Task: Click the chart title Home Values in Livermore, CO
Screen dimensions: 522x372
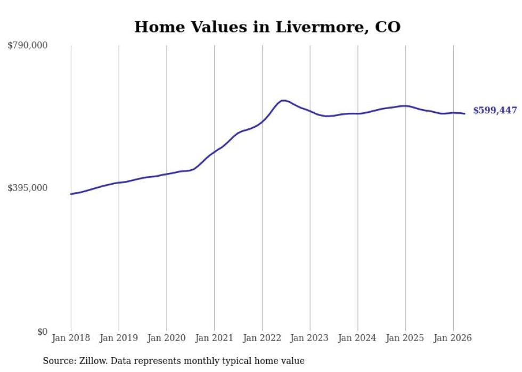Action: pos(267,27)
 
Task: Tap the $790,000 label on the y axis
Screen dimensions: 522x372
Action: pos(28,45)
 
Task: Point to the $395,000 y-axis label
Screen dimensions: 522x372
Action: pos(28,188)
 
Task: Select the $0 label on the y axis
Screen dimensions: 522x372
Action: pos(42,332)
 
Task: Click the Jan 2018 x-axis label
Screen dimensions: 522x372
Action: pos(71,338)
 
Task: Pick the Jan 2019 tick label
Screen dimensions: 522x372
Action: pos(119,338)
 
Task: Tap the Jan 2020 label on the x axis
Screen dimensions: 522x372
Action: pos(166,338)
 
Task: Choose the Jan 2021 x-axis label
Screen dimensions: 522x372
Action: pos(214,338)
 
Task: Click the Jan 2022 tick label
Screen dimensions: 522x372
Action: pos(262,338)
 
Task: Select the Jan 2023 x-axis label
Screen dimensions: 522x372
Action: pos(309,338)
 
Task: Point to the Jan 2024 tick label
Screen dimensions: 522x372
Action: pos(357,338)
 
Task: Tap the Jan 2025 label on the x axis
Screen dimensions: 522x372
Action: pos(405,338)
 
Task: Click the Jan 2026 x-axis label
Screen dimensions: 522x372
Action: pos(453,338)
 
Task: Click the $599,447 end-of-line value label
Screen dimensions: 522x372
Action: pos(495,111)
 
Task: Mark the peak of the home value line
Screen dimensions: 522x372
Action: pos(283,100)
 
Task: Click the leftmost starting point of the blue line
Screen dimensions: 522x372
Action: pos(71,194)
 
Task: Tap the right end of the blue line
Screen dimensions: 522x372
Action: pos(464,114)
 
